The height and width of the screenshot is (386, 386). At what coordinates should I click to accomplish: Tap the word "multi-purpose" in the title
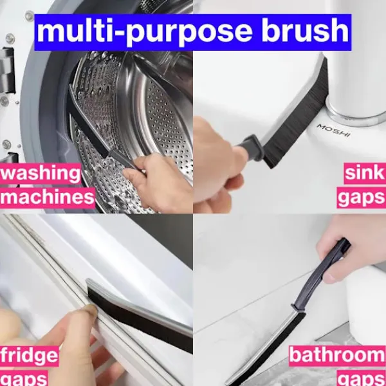(x=145, y=32)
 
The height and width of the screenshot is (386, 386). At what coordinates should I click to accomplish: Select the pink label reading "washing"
(x=41, y=173)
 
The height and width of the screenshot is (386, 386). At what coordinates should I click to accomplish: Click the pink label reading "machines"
(x=48, y=198)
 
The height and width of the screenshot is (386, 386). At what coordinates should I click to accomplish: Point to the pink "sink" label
(x=365, y=173)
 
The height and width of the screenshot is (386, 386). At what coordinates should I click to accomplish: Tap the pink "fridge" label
(x=30, y=356)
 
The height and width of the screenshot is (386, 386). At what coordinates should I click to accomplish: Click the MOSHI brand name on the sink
(x=334, y=131)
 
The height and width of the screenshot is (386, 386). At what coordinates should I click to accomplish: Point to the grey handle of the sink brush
(x=251, y=147)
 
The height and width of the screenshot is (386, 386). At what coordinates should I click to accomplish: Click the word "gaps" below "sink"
(x=361, y=198)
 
